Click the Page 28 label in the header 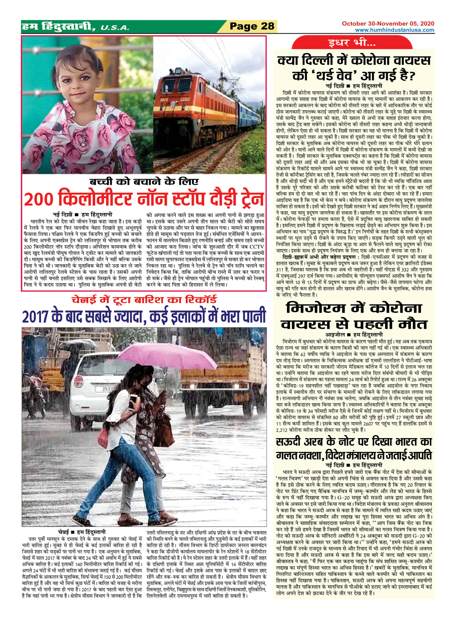(x=252, y=27)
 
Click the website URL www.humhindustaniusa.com (x=394, y=30)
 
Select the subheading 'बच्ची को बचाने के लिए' (x=144, y=182)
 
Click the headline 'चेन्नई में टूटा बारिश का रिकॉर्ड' (x=144, y=300)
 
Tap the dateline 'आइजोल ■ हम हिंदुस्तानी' (x=354, y=334)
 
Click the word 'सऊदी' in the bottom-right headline (x=291, y=441)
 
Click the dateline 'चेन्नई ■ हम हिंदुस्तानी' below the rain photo (x=82, y=532)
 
